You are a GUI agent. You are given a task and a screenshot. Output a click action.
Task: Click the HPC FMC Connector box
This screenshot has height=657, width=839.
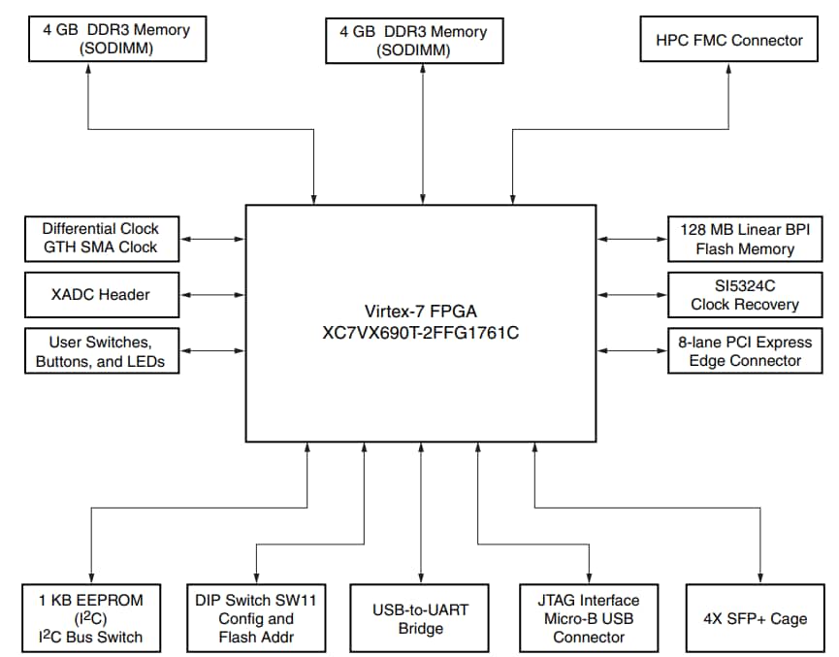(x=729, y=41)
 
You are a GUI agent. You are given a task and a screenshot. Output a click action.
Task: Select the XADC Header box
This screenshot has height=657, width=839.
(x=101, y=294)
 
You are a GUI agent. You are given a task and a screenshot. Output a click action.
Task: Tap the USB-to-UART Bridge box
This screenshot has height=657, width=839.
(x=421, y=618)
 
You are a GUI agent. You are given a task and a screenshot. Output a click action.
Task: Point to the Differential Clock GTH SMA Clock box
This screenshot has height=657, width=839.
(x=101, y=239)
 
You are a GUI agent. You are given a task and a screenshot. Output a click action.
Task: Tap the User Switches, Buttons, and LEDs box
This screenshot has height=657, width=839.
(x=101, y=350)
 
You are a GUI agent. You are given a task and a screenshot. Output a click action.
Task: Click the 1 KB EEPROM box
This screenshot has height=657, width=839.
(x=91, y=618)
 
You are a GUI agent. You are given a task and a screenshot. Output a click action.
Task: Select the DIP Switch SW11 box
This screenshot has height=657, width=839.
(x=256, y=618)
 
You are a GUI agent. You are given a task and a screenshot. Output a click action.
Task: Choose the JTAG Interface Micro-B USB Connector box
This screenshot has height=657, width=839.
(x=589, y=618)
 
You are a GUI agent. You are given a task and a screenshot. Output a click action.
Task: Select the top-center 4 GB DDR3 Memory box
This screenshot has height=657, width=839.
(x=421, y=41)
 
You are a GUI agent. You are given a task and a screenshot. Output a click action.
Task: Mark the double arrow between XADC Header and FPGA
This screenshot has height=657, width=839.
(x=214, y=294)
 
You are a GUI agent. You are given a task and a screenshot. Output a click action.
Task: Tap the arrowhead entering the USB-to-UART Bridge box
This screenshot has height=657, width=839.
(x=421, y=576)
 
